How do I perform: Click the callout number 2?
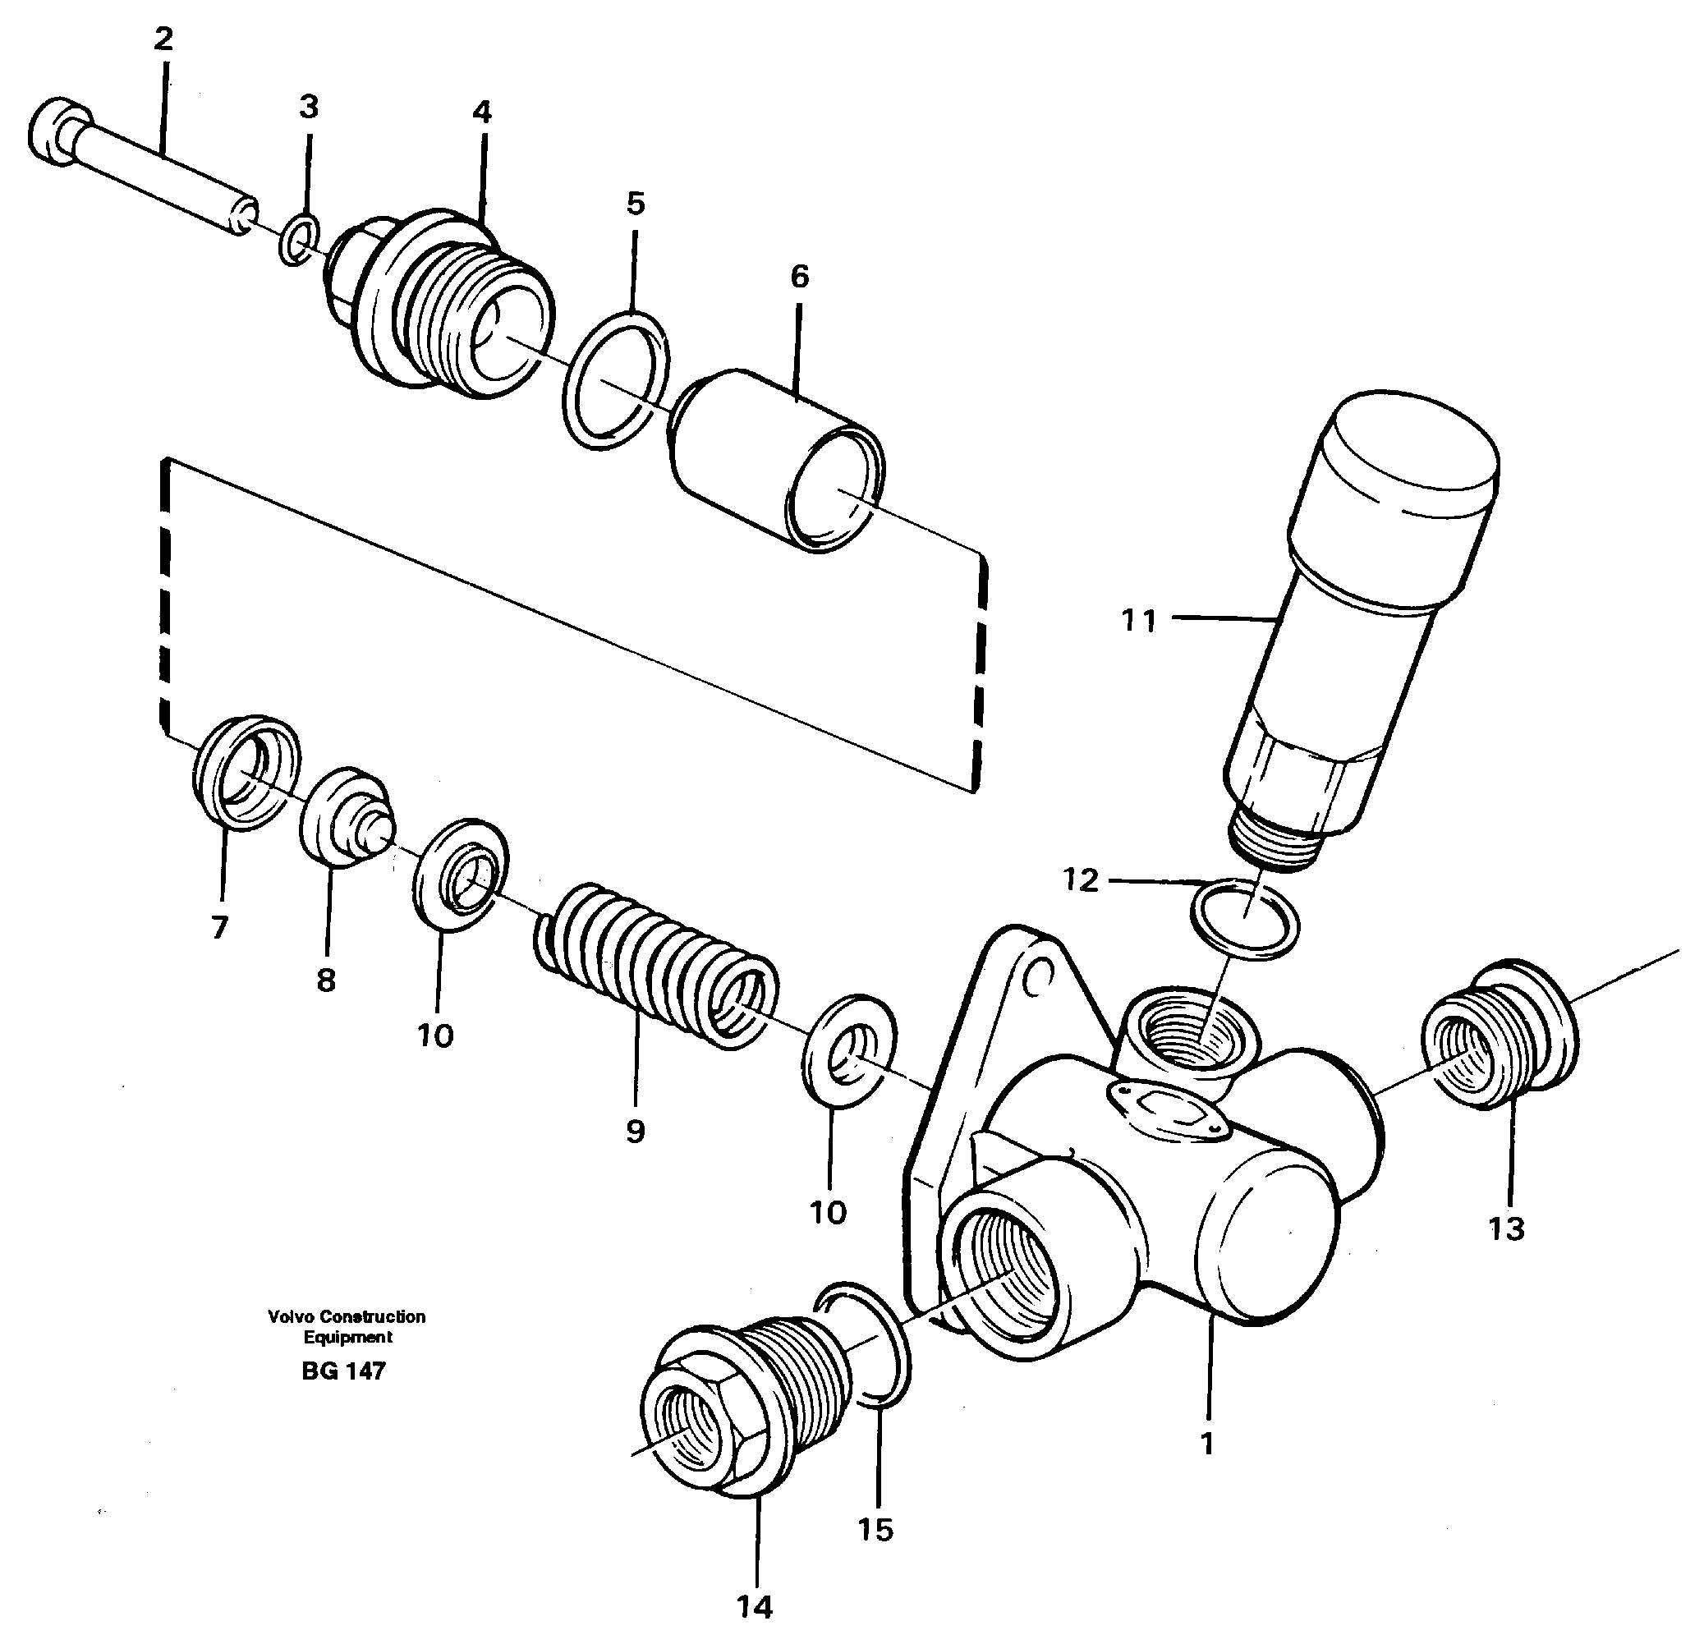point(163,39)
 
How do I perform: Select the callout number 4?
point(482,113)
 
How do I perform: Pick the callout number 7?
point(219,928)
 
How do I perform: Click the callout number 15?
point(875,1529)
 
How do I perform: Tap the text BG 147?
point(343,1371)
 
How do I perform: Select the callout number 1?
point(1206,1443)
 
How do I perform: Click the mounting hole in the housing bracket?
point(1037,980)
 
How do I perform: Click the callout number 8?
point(325,980)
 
